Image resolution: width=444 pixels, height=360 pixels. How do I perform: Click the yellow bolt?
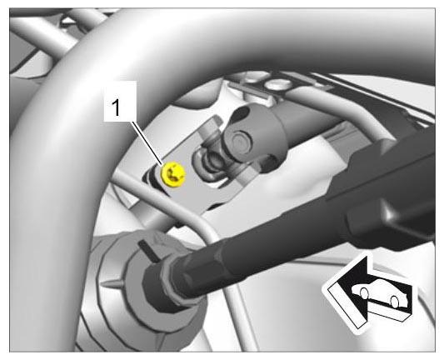(173, 174)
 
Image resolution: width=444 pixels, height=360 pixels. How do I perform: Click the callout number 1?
(116, 107)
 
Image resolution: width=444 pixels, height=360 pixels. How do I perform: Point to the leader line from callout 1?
(147, 143)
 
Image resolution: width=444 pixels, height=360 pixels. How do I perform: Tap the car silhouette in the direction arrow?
(379, 292)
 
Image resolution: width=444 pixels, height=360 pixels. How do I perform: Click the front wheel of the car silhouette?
(364, 292)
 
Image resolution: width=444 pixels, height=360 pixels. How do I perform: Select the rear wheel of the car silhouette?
(394, 302)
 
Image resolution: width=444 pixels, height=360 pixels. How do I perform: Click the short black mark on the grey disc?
(149, 250)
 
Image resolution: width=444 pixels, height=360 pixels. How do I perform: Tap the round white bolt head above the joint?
(279, 84)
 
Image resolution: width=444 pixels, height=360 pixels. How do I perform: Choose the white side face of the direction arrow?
(346, 307)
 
